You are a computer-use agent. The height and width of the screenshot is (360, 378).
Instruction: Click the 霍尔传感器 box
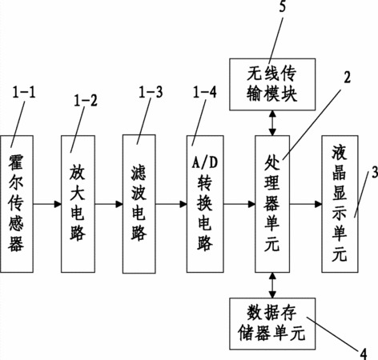(17, 204)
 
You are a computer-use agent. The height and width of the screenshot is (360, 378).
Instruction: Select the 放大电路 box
(78, 204)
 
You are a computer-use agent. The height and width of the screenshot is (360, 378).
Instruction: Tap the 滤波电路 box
(139, 204)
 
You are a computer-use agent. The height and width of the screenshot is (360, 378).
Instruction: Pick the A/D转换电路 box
(205, 204)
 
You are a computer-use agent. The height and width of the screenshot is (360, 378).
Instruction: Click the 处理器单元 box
(272, 204)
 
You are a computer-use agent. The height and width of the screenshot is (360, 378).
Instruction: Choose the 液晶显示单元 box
(340, 204)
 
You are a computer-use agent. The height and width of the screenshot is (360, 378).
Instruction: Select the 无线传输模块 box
(272, 84)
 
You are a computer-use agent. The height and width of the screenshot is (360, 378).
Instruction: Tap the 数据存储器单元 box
(272, 324)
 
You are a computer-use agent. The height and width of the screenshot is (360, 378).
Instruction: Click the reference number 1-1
(24, 93)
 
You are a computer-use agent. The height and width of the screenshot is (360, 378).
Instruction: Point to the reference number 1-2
(86, 101)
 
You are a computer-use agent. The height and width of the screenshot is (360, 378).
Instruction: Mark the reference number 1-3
(151, 92)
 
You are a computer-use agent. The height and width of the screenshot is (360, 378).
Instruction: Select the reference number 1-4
(205, 92)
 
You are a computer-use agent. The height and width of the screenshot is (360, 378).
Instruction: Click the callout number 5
(283, 6)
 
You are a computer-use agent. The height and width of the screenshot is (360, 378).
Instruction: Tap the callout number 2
(347, 78)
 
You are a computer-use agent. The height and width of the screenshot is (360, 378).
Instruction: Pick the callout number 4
(364, 354)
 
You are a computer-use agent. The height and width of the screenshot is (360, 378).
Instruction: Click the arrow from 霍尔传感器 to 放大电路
(47, 204)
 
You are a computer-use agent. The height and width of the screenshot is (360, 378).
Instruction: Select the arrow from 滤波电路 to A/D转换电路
(171, 204)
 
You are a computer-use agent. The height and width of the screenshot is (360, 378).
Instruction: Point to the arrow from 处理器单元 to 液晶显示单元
(306, 204)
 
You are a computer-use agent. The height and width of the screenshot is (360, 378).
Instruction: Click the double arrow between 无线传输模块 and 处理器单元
(272, 123)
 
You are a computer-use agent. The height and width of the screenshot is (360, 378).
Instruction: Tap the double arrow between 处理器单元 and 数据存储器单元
(272, 285)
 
